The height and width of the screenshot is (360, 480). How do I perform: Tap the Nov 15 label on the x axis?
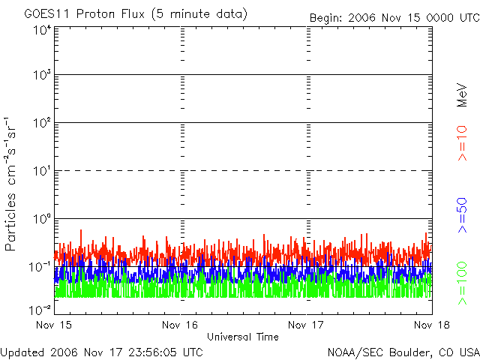pos(54,325)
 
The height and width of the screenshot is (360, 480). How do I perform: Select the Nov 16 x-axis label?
pos(180,325)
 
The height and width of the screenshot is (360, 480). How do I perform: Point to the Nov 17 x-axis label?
pos(306,325)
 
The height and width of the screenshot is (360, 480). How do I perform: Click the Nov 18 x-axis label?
pos(432,325)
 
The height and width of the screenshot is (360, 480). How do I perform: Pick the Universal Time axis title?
pos(243,337)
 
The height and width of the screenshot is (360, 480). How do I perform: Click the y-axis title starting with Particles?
pos(10,184)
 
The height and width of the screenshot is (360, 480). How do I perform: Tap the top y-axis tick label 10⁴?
pos(42,30)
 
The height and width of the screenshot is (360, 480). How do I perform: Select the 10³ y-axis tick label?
pos(42,75)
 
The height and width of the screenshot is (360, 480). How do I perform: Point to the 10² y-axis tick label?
pos(42,123)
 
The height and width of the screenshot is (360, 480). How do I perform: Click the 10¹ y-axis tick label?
pos(42,171)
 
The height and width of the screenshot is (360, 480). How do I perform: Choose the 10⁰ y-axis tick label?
pos(42,219)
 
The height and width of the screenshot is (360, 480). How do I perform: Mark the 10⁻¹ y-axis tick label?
pos(40,267)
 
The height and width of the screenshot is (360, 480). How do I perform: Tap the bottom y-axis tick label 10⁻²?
pos(40,310)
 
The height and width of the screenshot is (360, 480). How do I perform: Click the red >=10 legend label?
pos(462,143)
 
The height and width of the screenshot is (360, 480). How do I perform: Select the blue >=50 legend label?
pos(462,215)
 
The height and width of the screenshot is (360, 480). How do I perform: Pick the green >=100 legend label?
pos(462,283)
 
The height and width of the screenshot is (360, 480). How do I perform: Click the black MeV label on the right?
pos(462,95)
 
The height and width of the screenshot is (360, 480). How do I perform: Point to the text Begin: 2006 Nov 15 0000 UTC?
pos(394,18)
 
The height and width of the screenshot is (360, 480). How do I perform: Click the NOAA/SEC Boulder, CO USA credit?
pos(403,352)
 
